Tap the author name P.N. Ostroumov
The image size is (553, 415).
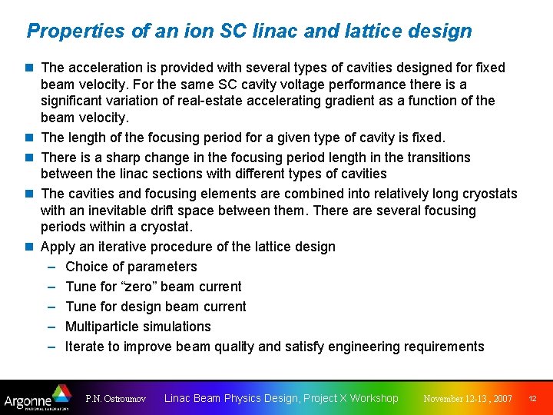coord(117,399)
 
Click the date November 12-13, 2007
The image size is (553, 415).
coord(468,399)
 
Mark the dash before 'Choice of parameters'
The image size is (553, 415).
coord(51,267)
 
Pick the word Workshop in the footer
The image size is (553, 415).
coord(374,398)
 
